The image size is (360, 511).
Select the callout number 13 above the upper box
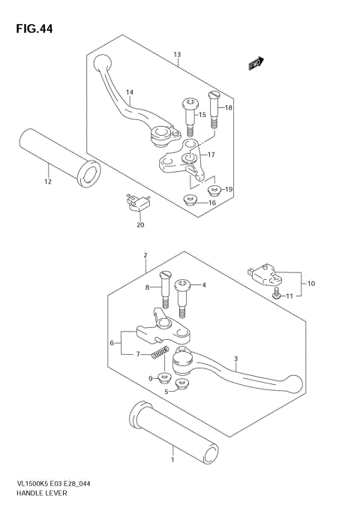[177, 56]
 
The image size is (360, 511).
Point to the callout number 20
[139, 224]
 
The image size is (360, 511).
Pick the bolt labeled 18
[213, 110]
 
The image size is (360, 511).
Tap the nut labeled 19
[214, 189]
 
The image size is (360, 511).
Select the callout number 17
[211, 155]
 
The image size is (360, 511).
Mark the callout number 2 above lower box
[145, 255]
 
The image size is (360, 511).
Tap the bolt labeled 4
[182, 294]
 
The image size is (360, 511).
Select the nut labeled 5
[180, 385]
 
